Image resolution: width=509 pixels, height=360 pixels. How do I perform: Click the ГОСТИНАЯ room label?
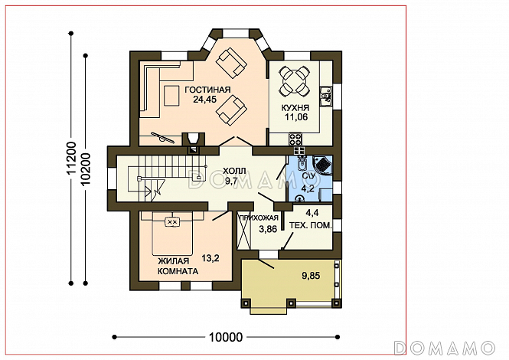207,90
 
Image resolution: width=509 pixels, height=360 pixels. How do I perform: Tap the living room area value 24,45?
205,100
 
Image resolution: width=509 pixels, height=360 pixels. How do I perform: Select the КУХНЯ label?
295,108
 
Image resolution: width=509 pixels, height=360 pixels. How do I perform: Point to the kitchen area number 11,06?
296,117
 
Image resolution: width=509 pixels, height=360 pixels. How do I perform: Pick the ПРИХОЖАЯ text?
259,218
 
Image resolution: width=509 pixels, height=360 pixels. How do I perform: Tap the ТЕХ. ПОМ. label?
311,225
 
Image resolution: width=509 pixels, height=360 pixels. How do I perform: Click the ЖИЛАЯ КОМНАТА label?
178,267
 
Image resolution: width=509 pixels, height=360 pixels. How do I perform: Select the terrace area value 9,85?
311,276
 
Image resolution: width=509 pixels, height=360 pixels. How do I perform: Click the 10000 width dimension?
226,337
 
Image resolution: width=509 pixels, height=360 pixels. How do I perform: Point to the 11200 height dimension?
71,159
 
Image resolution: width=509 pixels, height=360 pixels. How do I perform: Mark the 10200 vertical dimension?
86,169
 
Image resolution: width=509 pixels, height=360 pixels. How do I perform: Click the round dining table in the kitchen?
293,81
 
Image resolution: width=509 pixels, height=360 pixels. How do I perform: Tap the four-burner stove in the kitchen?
295,139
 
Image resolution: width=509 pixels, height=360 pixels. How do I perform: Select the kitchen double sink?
325,97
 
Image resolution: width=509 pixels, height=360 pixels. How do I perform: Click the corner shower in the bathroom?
323,165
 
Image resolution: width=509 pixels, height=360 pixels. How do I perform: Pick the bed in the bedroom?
172,234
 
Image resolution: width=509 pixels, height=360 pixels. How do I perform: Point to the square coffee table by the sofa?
171,96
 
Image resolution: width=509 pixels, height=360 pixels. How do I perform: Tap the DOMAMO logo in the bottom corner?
445,348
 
